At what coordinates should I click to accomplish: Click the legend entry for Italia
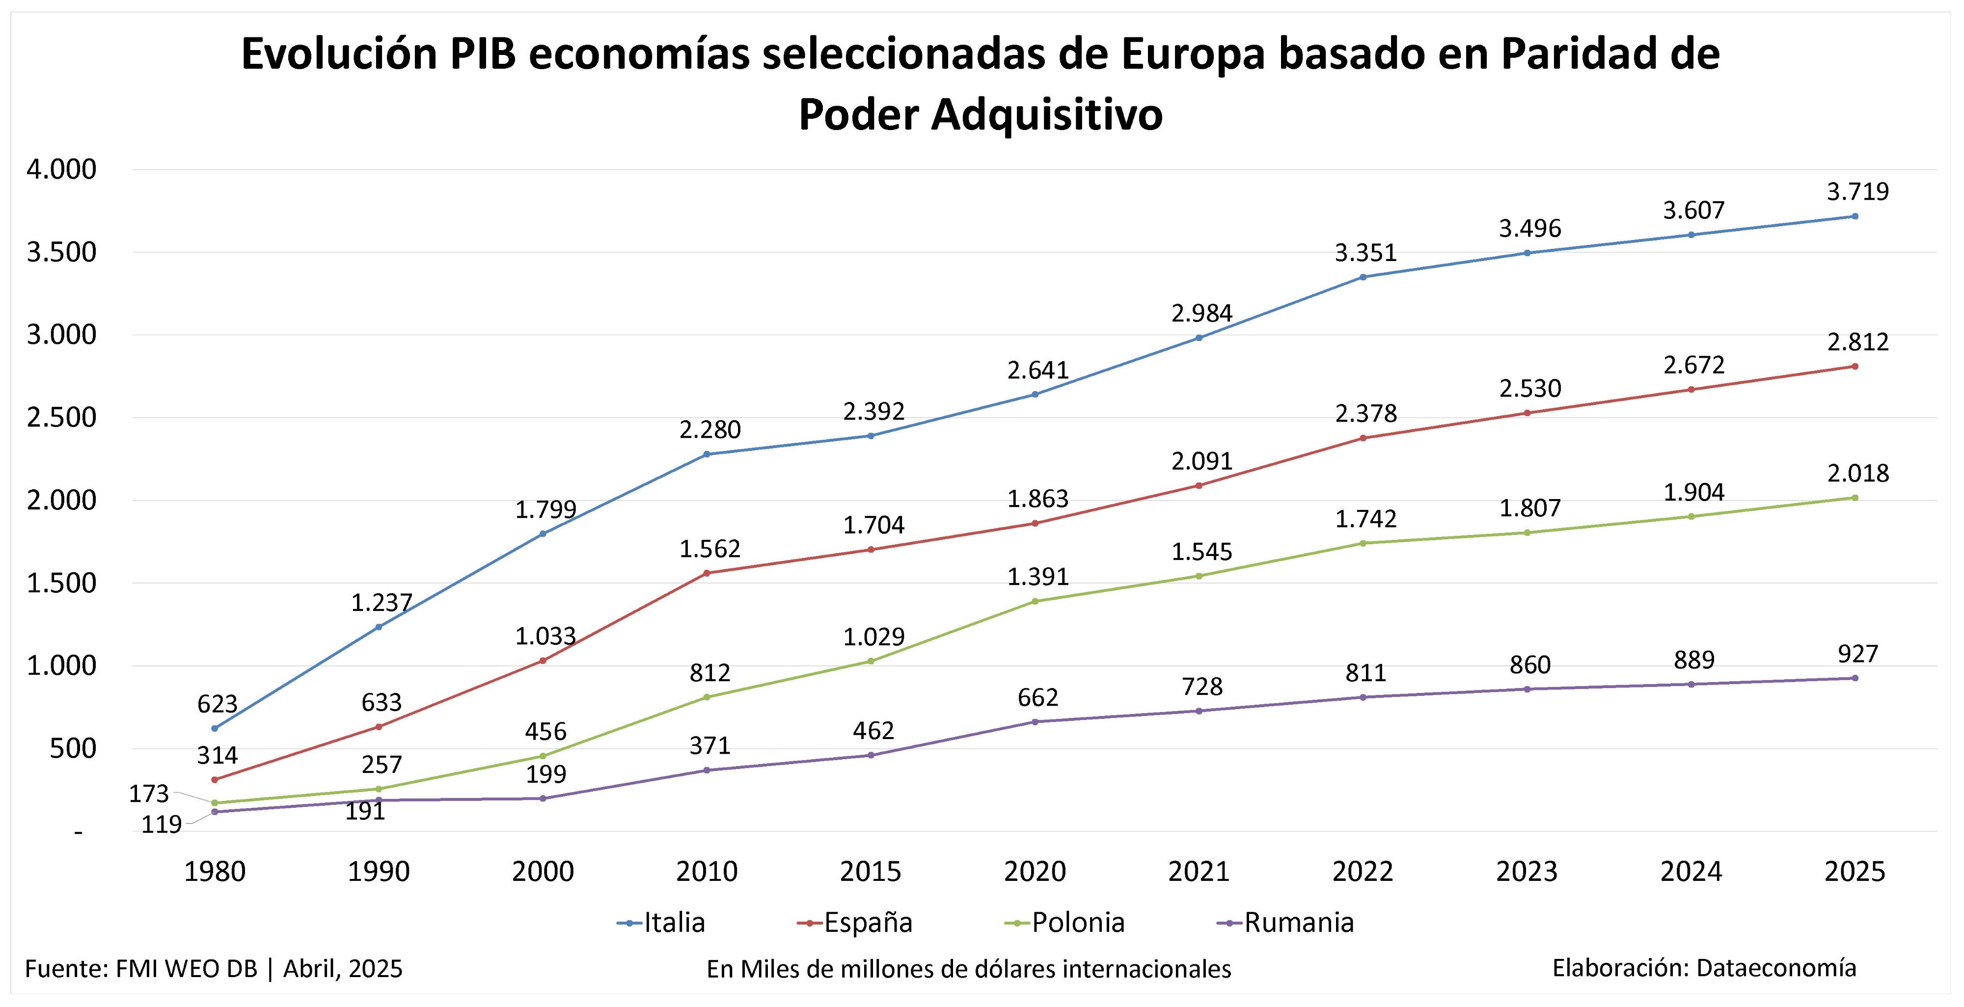[662, 923]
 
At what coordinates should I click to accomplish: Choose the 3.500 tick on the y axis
[62, 252]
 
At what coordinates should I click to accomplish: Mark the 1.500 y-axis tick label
[62, 583]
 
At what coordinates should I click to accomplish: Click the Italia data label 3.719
[1857, 191]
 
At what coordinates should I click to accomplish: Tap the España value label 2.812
[1857, 342]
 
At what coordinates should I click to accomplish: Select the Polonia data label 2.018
[1857, 474]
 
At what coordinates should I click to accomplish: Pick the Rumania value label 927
[1857, 654]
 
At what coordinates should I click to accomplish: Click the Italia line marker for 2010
[707, 454]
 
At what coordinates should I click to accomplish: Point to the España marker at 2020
[1035, 524]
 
